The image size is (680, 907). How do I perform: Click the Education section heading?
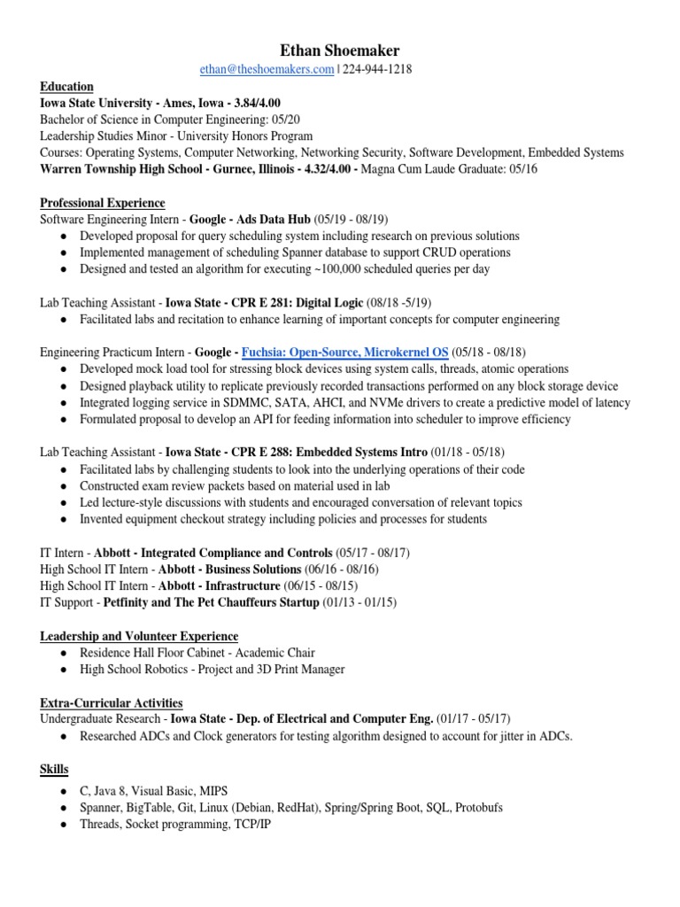pos(66,87)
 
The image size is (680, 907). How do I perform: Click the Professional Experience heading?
pos(103,203)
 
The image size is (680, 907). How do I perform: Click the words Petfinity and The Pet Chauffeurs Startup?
pos(212,602)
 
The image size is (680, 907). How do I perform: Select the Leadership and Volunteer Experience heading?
pos(139,636)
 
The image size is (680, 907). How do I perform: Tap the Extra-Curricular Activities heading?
pos(112,702)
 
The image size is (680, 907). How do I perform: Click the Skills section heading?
pos(54,768)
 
